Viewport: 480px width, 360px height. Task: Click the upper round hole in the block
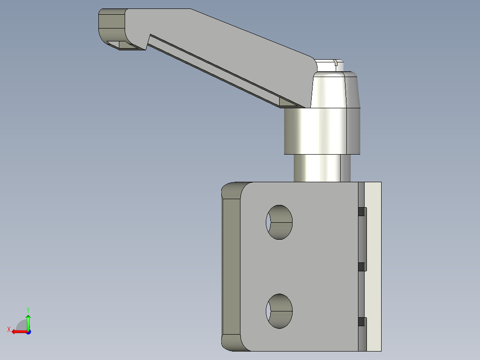tap(279, 222)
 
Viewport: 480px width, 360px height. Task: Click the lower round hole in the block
tap(279, 311)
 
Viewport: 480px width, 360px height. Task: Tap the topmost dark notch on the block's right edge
tap(362, 212)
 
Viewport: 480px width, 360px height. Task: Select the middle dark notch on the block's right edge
tap(362, 266)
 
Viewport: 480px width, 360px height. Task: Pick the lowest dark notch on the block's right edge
tap(362, 322)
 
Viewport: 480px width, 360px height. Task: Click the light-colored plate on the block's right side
tap(373, 266)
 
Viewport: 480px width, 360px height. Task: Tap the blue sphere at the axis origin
tap(28, 332)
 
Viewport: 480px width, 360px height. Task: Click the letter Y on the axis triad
tap(28, 309)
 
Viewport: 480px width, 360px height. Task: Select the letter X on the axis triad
tap(8, 330)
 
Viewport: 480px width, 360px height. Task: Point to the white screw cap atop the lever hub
tap(329, 64)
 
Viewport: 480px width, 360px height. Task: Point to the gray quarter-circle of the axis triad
tap(21, 324)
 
